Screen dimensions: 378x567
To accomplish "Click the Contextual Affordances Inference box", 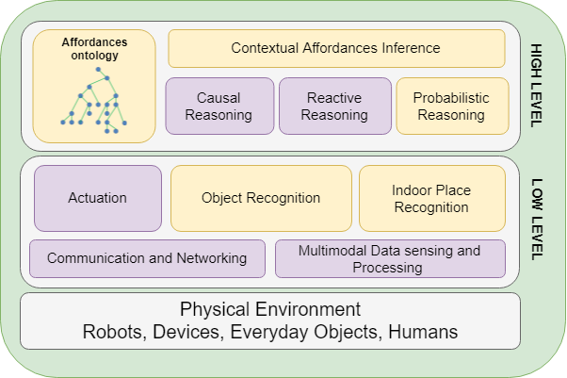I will [335, 48].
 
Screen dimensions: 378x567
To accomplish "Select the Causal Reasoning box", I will [219, 107].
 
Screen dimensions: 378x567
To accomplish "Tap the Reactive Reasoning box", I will [334, 107].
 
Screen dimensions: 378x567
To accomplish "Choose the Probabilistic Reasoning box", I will [449, 107].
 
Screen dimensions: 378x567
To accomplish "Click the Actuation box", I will [98, 198].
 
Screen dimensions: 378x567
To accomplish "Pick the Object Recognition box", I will [261, 198].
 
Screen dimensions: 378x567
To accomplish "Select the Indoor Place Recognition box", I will [431, 198].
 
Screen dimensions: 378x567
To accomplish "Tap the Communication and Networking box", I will [147, 258].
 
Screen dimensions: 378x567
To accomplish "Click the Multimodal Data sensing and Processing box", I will [389, 258].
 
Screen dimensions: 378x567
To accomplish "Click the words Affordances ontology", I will [94, 49].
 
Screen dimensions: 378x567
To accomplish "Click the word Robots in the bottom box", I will [110, 332].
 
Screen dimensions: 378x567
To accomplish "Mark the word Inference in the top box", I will [407, 48].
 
